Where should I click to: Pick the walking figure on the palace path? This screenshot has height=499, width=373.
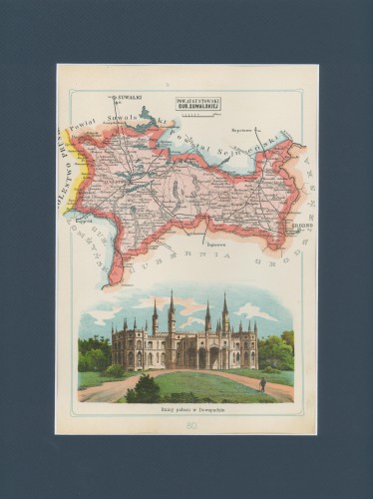point(262,383)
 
